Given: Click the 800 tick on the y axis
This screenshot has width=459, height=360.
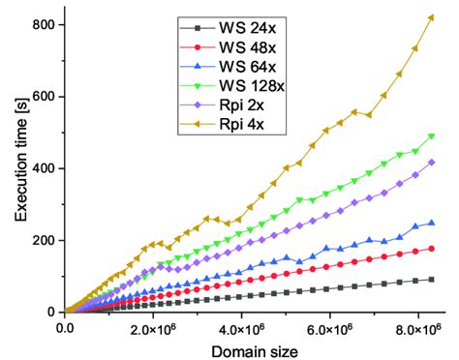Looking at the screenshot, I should (43, 24).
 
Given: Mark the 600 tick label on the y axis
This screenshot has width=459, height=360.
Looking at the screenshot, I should (43, 97).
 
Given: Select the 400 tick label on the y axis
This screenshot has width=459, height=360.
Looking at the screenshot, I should (43, 168).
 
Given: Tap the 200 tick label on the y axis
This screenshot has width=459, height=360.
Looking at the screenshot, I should (43, 240).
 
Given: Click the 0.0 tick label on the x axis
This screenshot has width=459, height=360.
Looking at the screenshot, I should (65, 327).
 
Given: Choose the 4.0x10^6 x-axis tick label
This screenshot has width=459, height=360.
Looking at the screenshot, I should (242, 327).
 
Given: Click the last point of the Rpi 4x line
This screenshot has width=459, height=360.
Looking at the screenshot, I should (431, 17).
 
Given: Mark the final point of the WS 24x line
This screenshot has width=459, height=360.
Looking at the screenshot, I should (431, 279).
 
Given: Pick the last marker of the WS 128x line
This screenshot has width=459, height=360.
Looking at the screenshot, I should (431, 136).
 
